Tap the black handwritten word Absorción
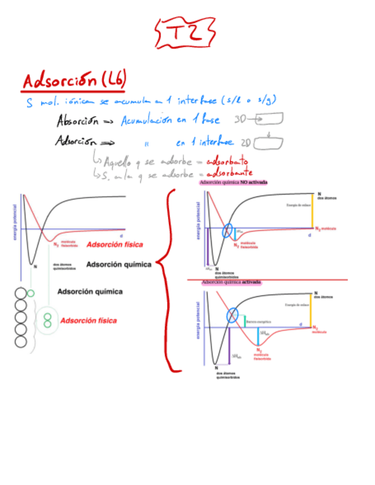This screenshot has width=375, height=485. [x=78, y=121]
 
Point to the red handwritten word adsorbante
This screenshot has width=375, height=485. [x=229, y=173]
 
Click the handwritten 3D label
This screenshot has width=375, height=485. [x=241, y=120]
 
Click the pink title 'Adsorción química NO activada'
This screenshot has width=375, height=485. [x=233, y=183]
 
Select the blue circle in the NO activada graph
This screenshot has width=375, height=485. [x=228, y=231]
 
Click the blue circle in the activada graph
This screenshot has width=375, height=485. [x=232, y=315]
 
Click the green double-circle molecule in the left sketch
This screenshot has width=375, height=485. [x=48, y=320]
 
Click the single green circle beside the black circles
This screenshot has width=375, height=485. [x=31, y=293]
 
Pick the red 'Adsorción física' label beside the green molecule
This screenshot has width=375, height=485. [x=88, y=320]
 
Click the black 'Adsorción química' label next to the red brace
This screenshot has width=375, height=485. [x=119, y=264]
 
